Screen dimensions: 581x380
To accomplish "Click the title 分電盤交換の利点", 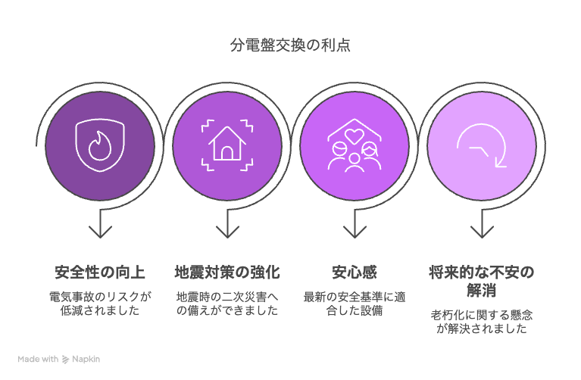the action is (290, 45).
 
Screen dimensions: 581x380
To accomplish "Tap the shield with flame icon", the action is (100, 145).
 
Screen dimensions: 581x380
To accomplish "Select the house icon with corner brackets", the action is (227, 145).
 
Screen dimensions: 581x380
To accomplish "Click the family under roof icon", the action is (355, 145).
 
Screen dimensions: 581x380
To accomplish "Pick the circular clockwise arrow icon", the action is (482, 145).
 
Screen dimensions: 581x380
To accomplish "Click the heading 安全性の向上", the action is (100, 273).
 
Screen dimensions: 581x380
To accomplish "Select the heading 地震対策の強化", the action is (227, 273).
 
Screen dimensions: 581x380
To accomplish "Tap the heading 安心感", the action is (355, 273).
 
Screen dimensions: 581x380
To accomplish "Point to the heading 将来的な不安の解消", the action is (482, 281).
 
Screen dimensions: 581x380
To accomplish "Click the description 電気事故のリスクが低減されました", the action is (100, 304).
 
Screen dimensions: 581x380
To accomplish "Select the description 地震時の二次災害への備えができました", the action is (227, 304).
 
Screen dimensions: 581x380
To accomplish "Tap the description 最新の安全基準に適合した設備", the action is (355, 304).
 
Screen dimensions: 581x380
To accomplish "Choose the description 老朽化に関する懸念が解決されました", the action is (482, 322).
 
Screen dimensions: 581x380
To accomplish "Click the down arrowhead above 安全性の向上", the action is (100, 232).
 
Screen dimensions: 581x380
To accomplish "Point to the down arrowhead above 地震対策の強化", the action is (227, 232).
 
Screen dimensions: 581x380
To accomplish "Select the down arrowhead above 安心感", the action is (355, 232).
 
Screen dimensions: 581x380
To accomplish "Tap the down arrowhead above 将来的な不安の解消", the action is (482, 232).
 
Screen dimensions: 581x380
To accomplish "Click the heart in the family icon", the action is (355, 136).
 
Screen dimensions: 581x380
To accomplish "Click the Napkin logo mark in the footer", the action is (65, 360).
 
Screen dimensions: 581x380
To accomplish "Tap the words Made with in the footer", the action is (38, 359).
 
